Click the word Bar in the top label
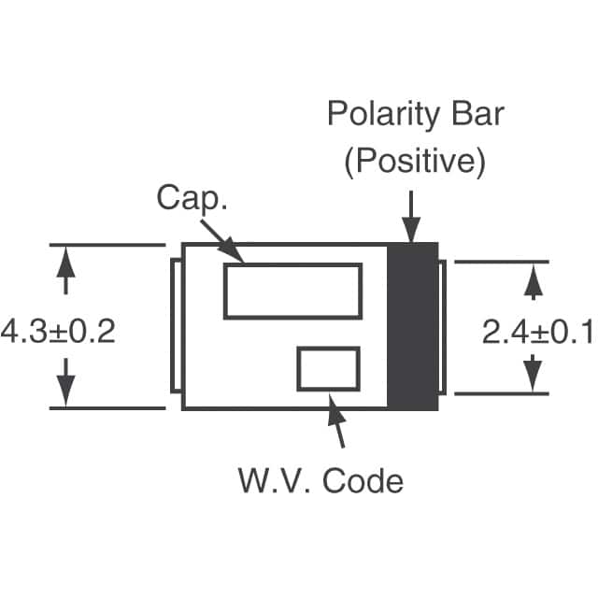click(x=476, y=116)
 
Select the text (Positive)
click(x=415, y=162)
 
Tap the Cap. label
click(x=192, y=198)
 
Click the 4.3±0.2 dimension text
click(x=58, y=331)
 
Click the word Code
click(x=363, y=481)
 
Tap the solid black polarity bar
click(x=412, y=327)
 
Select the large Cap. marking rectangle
click(x=292, y=291)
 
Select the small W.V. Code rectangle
click(x=328, y=368)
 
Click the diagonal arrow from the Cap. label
click(x=227, y=242)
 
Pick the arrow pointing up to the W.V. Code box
click(x=337, y=421)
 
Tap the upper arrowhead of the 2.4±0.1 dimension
click(x=532, y=281)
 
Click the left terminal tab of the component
click(x=176, y=327)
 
